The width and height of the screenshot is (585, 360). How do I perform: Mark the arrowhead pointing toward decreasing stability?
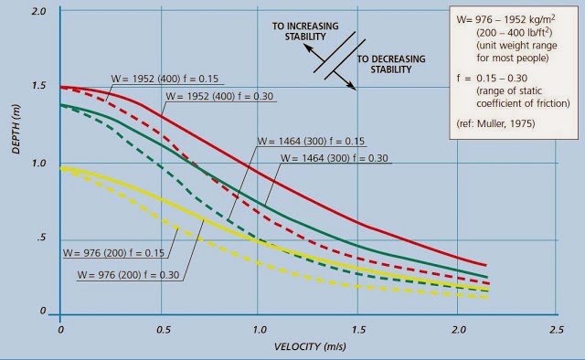point(352,89)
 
